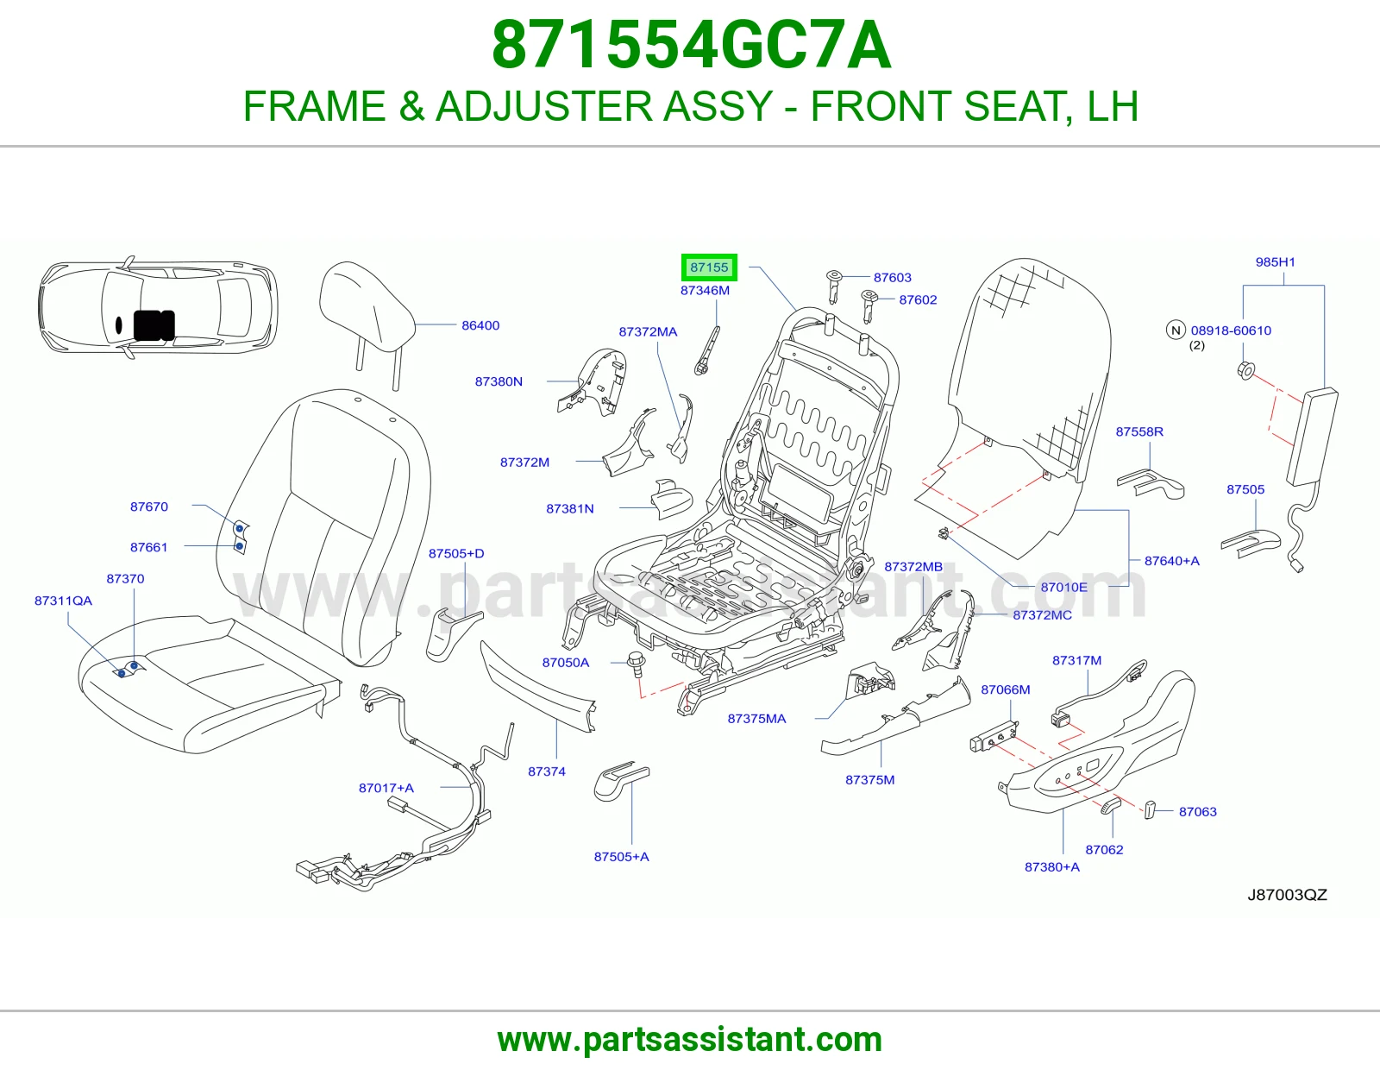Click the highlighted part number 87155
click(x=709, y=267)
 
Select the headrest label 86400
click(x=480, y=325)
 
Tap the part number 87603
click(x=893, y=278)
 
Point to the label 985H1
click(x=1276, y=261)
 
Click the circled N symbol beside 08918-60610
click(x=1176, y=330)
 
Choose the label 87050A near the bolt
click(x=565, y=663)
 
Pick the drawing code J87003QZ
click(x=1287, y=895)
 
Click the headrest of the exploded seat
click(x=367, y=304)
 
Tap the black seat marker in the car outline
click(x=154, y=325)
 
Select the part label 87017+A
click(x=386, y=788)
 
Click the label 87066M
click(x=1006, y=689)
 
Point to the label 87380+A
click(x=1051, y=866)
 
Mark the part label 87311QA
click(x=63, y=601)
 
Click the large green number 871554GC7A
click(x=691, y=45)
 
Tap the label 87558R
click(x=1139, y=431)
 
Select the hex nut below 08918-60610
click(x=1246, y=370)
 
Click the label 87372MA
click(x=648, y=331)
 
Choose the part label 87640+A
click(x=1171, y=561)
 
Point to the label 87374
click(x=546, y=771)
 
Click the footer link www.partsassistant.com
click(x=690, y=1040)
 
